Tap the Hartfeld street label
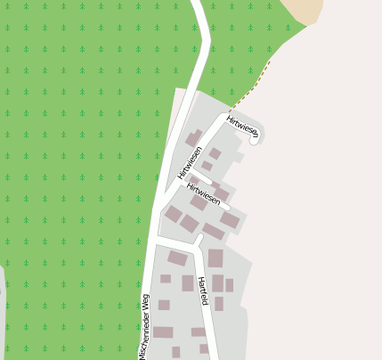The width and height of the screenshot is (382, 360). point(203,291)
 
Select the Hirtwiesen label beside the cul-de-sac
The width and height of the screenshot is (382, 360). point(242,127)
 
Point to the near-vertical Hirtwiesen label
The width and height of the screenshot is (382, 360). point(191,162)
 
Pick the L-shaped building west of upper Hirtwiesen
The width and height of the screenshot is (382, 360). point(193,137)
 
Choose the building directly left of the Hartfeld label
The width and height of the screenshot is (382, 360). point(188,283)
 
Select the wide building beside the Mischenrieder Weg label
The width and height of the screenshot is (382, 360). point(163,331)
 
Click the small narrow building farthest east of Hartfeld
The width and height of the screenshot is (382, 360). point(229,285)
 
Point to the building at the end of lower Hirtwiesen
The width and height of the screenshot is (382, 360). point(230,219)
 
